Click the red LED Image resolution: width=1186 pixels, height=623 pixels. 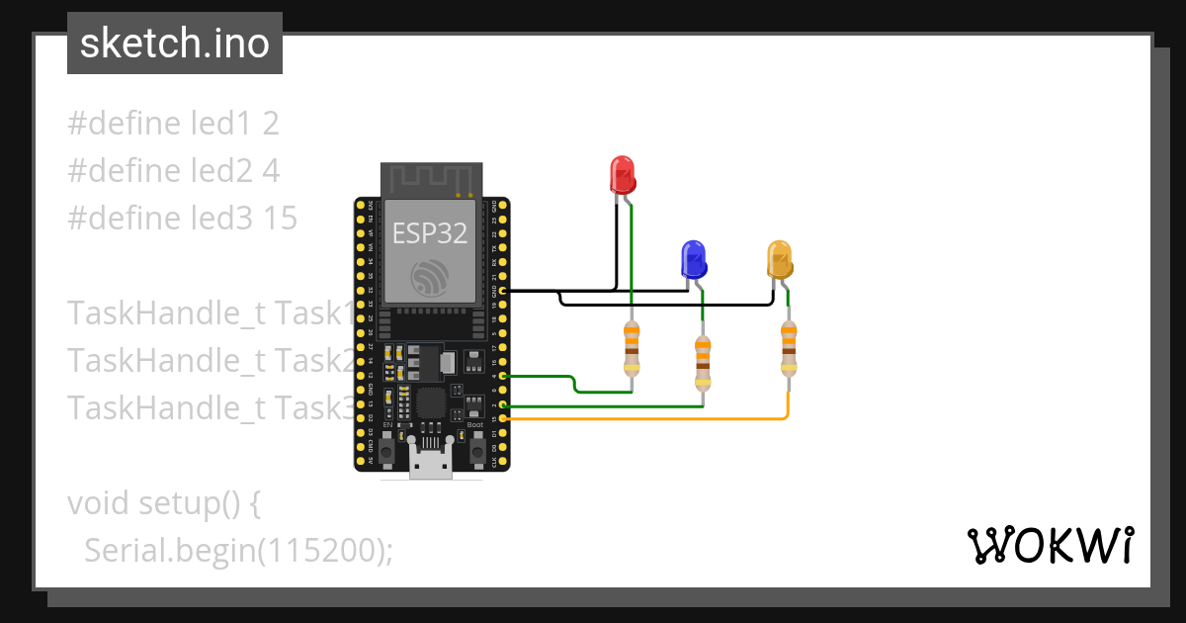pos(622,174)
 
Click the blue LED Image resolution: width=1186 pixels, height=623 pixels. pos(693,259)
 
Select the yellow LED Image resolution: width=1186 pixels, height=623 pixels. pos(780,259)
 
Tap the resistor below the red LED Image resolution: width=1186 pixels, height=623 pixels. pos(632,350)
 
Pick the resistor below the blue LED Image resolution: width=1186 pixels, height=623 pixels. pos(703,363)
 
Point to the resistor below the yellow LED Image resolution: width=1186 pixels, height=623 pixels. pos(788,350)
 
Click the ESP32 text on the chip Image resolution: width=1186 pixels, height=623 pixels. pos(430,232)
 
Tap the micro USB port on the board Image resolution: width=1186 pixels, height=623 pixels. pos(432,466)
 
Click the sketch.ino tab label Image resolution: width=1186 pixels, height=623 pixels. pos(175,44)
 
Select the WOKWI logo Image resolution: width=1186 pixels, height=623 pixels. pos(1050,545)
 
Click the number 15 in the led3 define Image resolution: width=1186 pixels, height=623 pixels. pos(280,219)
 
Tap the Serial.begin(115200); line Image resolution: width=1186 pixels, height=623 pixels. pos(238,550)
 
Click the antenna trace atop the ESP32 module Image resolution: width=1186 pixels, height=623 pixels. pos(431,179)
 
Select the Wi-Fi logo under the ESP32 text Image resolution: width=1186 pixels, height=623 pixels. pos(431,276)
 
